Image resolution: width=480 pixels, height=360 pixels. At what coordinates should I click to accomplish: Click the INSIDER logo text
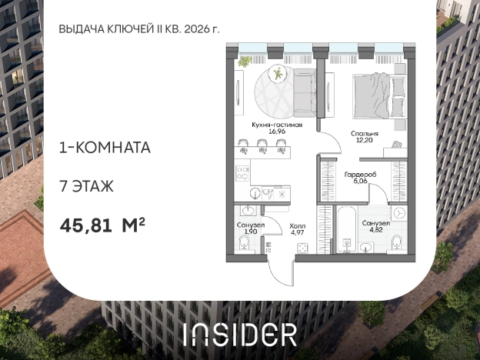(x=239, y=333)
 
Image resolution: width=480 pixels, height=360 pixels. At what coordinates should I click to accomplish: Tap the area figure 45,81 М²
(x=103, y=225)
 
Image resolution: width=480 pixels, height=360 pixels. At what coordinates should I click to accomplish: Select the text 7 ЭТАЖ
(x=86, y=185)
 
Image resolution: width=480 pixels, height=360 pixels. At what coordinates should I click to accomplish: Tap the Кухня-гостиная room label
(x=276, y=124)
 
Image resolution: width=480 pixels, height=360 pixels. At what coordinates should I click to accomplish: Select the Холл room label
(x=297, y=226)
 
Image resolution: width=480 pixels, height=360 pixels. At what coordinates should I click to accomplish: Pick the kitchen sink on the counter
(x=259, y=194)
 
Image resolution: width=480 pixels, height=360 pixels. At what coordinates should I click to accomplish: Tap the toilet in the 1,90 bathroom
(x=244, y=245)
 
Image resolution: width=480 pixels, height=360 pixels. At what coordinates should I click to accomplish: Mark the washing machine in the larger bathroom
(x=399, y=213)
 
